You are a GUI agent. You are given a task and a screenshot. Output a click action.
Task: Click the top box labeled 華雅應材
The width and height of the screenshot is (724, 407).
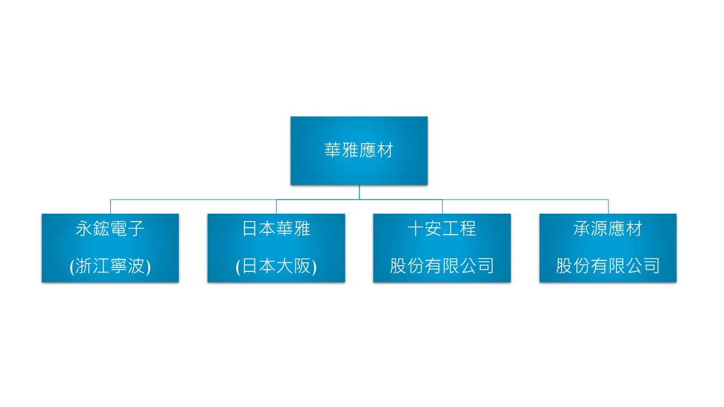click(x=359, y=150)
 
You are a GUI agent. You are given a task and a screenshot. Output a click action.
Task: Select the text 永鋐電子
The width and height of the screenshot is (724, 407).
click(x=110, y=229)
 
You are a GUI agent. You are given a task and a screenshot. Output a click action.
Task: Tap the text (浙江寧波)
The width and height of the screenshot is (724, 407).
click(x=110, y=266)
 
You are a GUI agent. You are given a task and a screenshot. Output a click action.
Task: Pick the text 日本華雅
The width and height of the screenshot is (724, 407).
click(x=276, y=229)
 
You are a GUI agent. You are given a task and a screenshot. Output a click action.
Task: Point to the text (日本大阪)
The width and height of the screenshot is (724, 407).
click(x=276, y=266)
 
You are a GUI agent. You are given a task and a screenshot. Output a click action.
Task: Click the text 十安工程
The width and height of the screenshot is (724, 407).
click(x=442, y=229)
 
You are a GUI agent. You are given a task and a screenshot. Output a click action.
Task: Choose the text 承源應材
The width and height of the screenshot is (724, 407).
click(x=608, y=229)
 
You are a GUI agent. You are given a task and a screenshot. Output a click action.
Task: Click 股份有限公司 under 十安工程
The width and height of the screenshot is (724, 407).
click(x=442, y=266)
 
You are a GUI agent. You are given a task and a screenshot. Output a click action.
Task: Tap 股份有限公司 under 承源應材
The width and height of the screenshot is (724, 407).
click(x=608, y=266)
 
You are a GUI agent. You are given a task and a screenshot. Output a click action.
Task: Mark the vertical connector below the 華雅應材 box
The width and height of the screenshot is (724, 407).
click(x=359, y=192)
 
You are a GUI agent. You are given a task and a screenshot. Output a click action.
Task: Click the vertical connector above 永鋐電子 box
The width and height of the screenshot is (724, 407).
click(x=110, y=207)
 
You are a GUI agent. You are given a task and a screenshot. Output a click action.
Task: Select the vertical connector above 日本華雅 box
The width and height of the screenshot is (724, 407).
click(x=277, y=207)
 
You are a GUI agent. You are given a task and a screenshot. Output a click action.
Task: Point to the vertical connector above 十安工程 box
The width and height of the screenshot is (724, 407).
click(x=442, y=207)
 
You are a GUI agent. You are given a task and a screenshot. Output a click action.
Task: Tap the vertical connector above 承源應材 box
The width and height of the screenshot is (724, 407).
click(x=608, y=207)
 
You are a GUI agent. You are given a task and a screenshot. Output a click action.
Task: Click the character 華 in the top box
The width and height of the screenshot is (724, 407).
click(x=333, y=150)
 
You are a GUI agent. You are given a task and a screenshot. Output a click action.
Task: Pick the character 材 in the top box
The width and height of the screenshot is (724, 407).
click(x=385, y=150)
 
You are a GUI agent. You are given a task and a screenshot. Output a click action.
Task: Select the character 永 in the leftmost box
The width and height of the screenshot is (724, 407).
click(x=84, y=229)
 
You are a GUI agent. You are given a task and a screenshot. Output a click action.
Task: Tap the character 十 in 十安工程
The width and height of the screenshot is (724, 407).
click(x=416, y=229)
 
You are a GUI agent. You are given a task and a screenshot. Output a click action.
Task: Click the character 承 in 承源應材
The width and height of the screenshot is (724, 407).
click(x=582, y=229)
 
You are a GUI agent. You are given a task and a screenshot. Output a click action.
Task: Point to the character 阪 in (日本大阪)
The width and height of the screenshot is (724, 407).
click(x=303, y=266)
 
